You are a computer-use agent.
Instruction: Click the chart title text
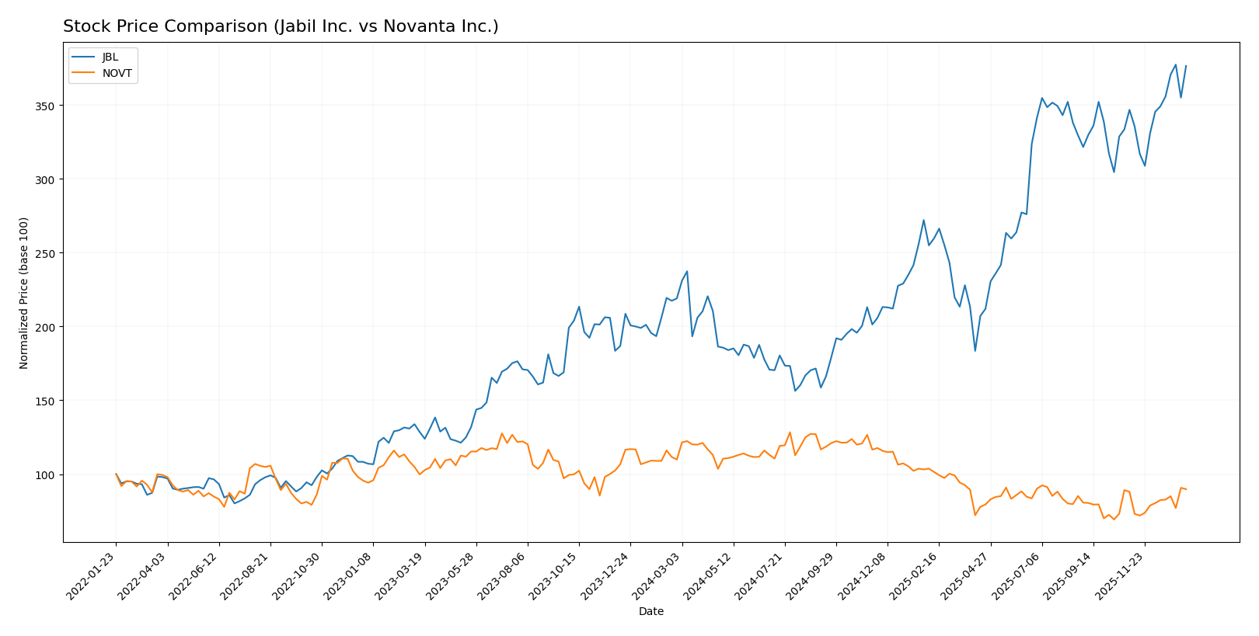tap(281, 26)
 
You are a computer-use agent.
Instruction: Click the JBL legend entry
tap(110, 57)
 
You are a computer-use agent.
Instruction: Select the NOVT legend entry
tap(117, 74)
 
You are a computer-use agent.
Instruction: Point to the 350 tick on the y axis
tap(47, 106)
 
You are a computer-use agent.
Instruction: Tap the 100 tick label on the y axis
tap(47, 474)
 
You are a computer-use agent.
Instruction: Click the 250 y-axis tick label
tap(47, 253)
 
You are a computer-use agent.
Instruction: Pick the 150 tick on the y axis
tap(47, 401)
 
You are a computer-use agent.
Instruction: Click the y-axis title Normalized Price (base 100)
tap(24, 293)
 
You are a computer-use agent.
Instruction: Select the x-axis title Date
tap(650, 611)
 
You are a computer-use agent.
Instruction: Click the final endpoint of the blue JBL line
tap(1186, 66)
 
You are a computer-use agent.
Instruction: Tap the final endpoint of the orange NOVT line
tap(1186, 489)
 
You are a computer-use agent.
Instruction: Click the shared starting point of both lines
tap(116, 474)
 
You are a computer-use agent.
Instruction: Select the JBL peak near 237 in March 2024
tap(687, 271)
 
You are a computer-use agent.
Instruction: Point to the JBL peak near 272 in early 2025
tap(923, 220)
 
